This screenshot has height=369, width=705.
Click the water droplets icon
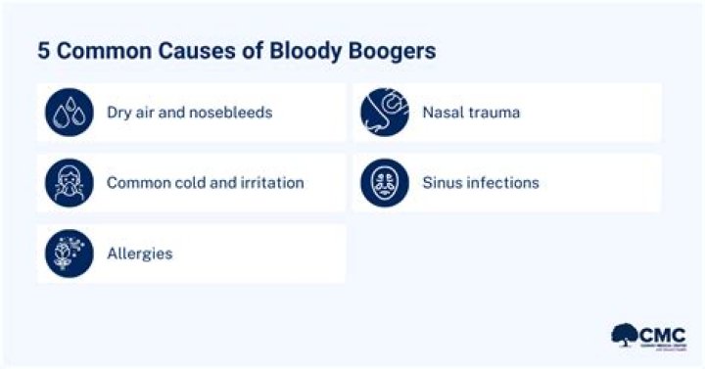tap(69, 112)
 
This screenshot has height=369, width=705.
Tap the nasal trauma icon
tap(384, 112)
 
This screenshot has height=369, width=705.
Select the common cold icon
tap(69, 182)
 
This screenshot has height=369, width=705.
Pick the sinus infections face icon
tap(384, 182)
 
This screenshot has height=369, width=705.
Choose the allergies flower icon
tap(69, 253)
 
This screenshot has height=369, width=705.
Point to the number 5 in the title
tap(44, 51)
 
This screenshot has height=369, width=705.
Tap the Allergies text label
tap(139, 254)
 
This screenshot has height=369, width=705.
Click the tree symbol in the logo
tap(624, 336)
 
